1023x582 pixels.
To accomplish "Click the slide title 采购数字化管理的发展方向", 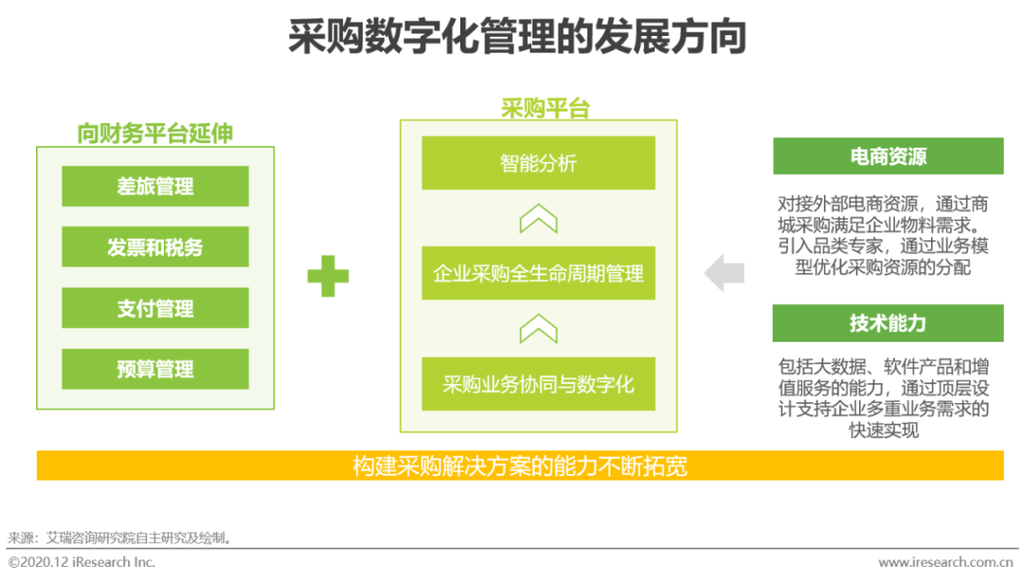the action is [x=517, y=38].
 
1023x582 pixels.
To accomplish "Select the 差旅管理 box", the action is [x=155, y=186].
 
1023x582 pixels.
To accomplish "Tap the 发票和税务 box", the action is [x=155, y=247].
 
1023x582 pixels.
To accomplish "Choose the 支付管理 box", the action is [x=155, y=308].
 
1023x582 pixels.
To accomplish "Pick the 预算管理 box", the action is [x=155, y=368].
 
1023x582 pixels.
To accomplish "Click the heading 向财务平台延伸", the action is [x=155, y=133].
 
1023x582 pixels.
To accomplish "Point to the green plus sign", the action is [x=328, y=276].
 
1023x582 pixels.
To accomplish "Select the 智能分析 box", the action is [x=538, y=163].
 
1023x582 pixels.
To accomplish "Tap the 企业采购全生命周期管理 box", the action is [x=538, y=273].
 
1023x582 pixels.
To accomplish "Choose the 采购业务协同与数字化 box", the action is [x=538, y=384].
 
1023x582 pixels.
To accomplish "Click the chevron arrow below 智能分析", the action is [x=538, y=219].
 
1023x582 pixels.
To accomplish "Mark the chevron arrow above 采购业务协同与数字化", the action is [x=538, y=329].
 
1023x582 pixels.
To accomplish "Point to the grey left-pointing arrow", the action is [x=725, y=273].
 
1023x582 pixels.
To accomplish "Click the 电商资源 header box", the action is [x=888, y=156].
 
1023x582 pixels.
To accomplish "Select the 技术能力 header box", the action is [x=888, y=323].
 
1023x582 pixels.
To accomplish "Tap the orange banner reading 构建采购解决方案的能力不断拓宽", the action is [x=519, y=466].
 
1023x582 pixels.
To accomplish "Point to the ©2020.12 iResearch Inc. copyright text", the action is [x=81, y=562].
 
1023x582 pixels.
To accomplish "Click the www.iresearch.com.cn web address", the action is [x=946, y=562].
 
